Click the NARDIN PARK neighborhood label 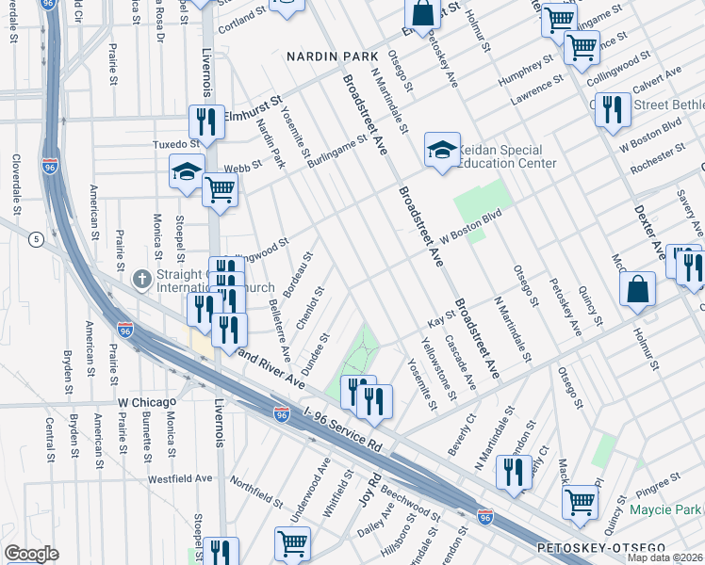324,57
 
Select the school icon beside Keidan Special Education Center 441,150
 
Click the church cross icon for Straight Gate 142,279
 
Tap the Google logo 31,554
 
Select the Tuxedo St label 177,144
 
